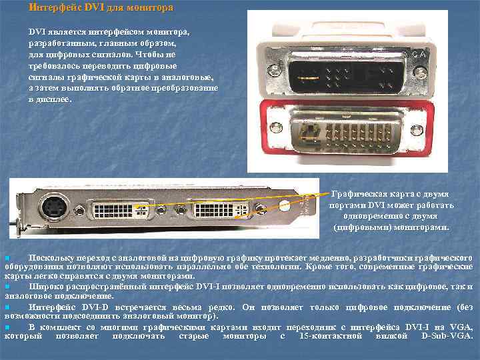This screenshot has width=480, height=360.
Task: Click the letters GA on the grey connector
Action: (418, 54)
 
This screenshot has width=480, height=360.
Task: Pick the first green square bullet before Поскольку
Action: (7, 257)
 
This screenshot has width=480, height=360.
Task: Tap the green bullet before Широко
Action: (7, 286)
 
